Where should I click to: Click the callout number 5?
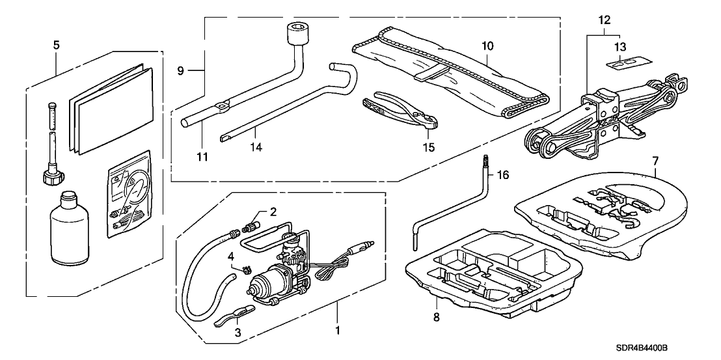(55, 46)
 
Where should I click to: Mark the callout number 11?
(202, 157)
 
